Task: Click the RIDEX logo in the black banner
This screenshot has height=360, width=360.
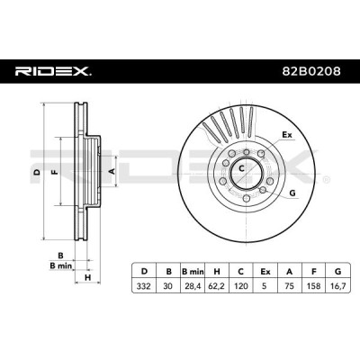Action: pyautogui.click(x=53, y=71)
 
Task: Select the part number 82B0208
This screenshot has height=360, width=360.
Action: pyautogui.click(x=311, y=71)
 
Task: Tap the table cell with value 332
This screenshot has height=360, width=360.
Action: pyautogui.click(x=144, y=286)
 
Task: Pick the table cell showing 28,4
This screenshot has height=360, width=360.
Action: pyautogui.click(x=193, y=286)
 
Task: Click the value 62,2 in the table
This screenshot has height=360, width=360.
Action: pyautogui.click(x=217, y=286)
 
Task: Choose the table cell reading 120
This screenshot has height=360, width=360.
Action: pyautogui.click(x=241, y=286)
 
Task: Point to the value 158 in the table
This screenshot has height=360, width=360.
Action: pyautogui.click(x=314, y=286)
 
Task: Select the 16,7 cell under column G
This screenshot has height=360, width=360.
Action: pyautogui.click(x=338, y=286)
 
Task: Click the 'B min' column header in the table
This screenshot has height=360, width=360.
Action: pyautogui.click(x=193, y=272)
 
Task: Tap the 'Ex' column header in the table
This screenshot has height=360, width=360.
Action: pyautogui.click(x=265, y=272)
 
